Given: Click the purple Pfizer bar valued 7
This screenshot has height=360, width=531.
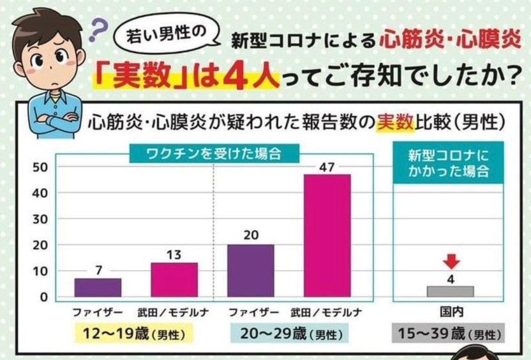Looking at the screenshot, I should pos(98,287).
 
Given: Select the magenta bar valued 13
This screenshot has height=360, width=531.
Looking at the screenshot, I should pos(174,280).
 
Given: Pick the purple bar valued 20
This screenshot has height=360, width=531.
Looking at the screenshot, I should pos(251,271).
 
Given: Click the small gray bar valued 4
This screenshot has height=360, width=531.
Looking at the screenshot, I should pos(451,291).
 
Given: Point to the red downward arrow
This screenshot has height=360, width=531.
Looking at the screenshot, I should pos(451,262).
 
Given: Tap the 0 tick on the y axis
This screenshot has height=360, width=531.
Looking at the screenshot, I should pos(43,297).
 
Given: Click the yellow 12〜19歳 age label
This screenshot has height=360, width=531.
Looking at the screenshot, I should pos(133,333).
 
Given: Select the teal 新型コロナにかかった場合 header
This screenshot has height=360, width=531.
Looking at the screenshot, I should pos(451,163).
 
